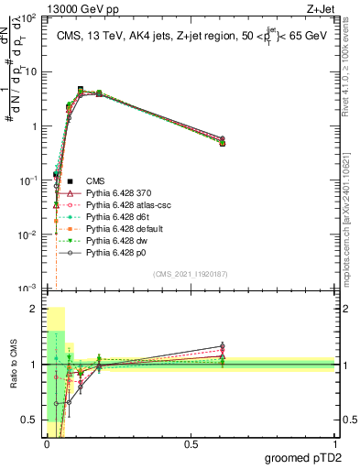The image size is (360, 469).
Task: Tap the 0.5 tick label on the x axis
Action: point(191,444)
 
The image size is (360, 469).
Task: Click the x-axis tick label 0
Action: point(46,444)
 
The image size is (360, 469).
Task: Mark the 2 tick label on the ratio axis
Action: point(34,309)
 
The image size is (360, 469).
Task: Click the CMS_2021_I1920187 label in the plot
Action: point(190,273)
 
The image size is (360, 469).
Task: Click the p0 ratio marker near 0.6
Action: point(222,346)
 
